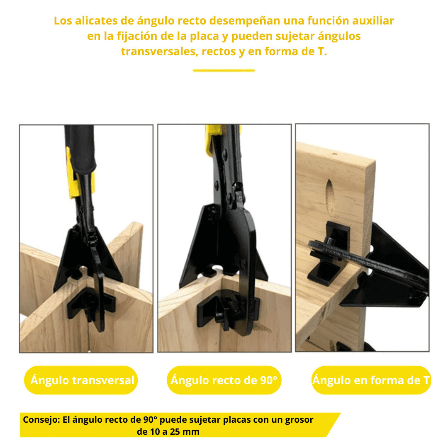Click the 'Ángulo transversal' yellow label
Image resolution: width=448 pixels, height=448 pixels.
point(81,380)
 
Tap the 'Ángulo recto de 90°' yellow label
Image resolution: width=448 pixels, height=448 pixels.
point(224,380)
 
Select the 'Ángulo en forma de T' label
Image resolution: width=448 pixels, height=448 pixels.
point(371,380)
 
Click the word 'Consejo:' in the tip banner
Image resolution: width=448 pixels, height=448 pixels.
point(41,420)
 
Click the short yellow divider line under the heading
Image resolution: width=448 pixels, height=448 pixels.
point(224,70)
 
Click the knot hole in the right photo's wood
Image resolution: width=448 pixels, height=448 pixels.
point(330,197)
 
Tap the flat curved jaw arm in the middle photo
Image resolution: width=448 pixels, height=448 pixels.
point(246,271)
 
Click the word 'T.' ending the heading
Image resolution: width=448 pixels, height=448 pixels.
point(322,51)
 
